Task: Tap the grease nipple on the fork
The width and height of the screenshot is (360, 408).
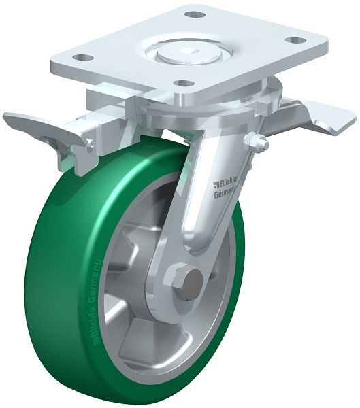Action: (x=259, y=143)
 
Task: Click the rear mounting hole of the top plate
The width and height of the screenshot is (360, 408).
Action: (x=195, y=14)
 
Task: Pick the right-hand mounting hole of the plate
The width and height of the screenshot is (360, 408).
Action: (x=296, y=40)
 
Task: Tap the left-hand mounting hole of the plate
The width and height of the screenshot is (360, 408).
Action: (x=82, y=58)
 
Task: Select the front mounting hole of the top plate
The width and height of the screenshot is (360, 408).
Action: (x=182, y=84)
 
